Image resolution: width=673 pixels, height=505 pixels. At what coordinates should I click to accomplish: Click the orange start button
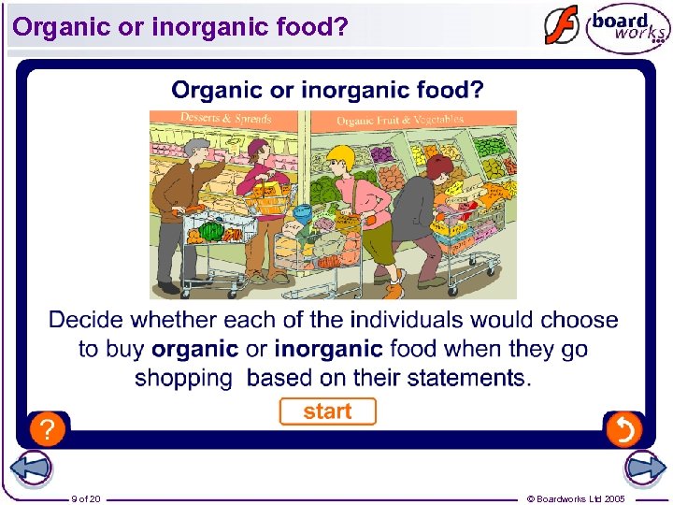327,411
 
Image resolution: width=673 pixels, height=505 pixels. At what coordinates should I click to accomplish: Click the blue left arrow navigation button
32,469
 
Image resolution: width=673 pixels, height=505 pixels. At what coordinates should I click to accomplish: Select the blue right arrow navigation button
644,469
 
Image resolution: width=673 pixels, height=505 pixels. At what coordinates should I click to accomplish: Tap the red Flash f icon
562,25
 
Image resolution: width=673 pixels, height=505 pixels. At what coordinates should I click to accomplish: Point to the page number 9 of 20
86,498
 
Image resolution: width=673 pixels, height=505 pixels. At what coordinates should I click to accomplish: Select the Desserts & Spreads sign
225,119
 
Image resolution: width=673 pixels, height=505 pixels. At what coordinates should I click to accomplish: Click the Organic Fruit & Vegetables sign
399,120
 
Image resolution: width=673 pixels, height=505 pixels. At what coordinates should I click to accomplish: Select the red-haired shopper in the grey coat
421,215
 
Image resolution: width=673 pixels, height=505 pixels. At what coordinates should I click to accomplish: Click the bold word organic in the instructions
194,349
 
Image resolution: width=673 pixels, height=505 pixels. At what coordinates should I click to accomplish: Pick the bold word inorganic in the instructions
328,349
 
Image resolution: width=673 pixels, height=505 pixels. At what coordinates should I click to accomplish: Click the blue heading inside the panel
327,91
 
